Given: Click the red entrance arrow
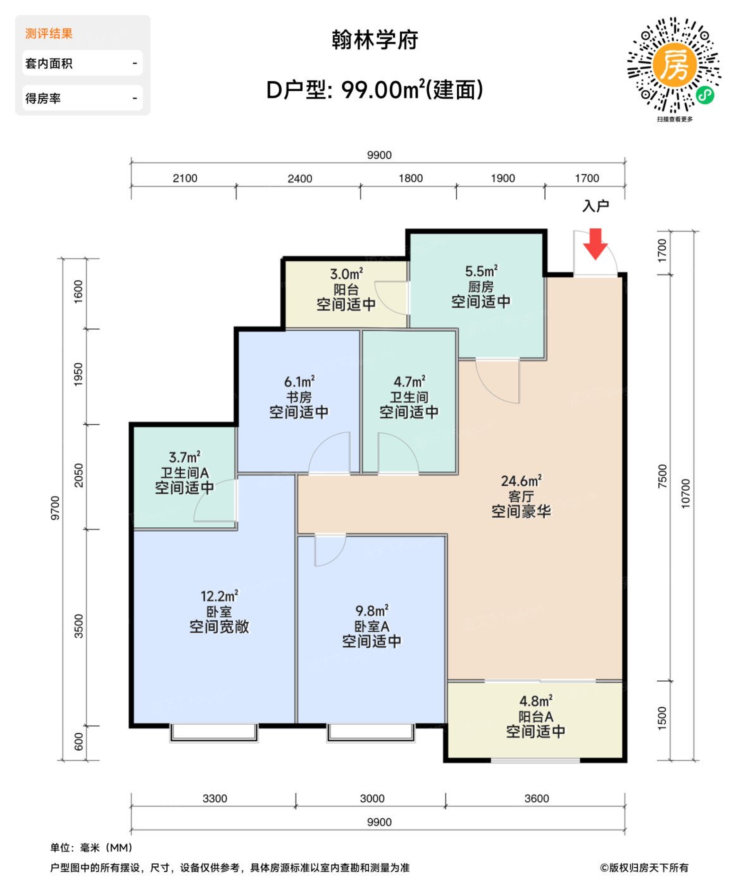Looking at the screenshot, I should pos(595,244).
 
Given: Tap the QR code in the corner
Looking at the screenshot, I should pos(674,66).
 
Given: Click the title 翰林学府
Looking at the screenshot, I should pos(375,40).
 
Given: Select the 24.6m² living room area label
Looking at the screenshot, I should pos(521,482).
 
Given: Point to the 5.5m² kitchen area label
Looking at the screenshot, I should pos(481,271).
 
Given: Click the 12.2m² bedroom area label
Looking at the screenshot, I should pos(219,596).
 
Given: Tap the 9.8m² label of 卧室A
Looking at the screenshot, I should pos(372,611).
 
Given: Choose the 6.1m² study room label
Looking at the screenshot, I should pos(299,382).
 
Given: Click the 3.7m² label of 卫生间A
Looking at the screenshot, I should pos(184,457).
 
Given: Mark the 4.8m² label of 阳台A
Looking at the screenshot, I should pos(535,701).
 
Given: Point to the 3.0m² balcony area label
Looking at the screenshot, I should pos(346,274).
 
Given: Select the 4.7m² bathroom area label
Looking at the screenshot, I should pos(409,382).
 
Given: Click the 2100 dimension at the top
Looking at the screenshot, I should pos(185,178).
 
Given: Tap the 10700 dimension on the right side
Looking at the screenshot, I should pos(685,493).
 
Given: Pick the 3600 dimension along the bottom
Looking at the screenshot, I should pos(536,799).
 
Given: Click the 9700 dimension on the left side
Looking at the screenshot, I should pos(56,508).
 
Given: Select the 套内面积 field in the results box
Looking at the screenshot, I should pos(82,63).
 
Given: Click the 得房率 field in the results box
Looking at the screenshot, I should pos(82,98).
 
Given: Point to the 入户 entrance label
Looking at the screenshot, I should pos(595,206).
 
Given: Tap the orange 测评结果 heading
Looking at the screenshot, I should pos(49,34).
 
